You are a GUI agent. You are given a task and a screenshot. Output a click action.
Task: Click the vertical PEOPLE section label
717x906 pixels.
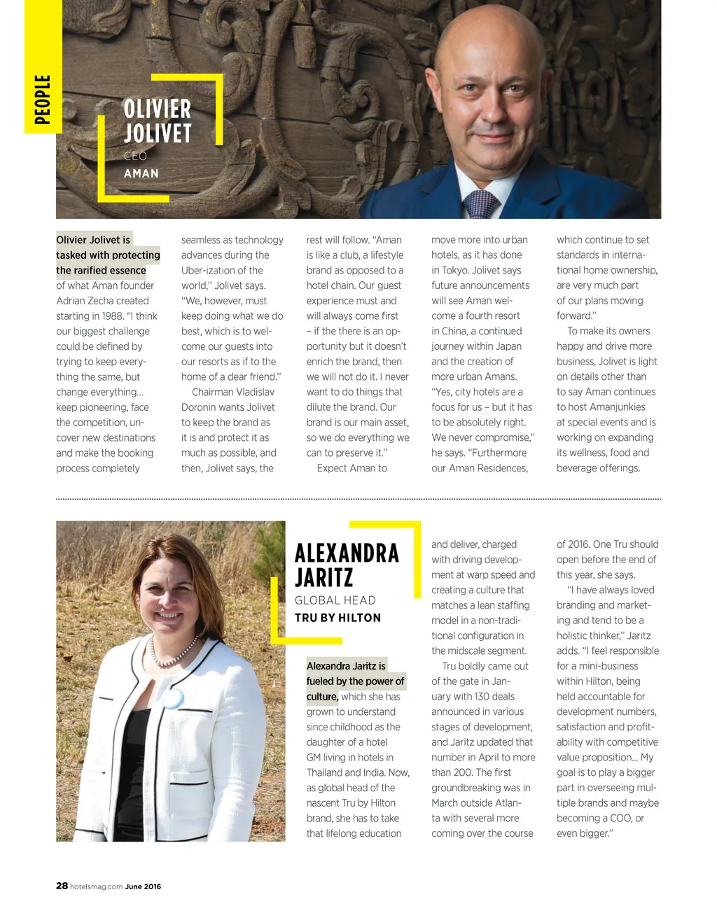pyautogui.click(x=43, y=99)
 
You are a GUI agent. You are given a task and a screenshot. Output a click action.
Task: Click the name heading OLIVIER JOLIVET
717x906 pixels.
pyautogui.click(x=158, y=121)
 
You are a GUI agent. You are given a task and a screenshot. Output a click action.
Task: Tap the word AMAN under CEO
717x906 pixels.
pyautogui.click(x=141, y=174)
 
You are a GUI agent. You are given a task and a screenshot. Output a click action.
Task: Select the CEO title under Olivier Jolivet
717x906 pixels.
pyautogui.click(x=135, y=156)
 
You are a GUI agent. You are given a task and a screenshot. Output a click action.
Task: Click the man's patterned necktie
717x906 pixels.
pyautogui.click(x=482, y=204)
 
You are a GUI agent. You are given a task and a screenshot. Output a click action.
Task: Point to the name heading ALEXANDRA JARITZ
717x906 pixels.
pyautogui.click(x=346, y=565)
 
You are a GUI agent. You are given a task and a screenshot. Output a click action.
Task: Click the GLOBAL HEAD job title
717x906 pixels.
pyautogui.click(x=335, y=600)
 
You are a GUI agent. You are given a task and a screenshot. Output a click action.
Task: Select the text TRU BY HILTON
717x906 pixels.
pyautogui.click(x=337, y=618)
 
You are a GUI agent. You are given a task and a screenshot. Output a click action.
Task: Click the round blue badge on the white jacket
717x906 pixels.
pyautogui.click(x=173, y=698)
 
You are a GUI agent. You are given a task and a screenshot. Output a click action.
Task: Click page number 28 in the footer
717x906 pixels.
pyautogui.click(x=62, y=886)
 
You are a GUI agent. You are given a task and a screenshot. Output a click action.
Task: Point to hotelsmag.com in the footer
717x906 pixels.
pyautogui.click(x=97, y=886)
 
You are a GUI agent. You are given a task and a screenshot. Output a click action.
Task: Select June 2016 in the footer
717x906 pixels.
pyautogui.click(x=144, y=886)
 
